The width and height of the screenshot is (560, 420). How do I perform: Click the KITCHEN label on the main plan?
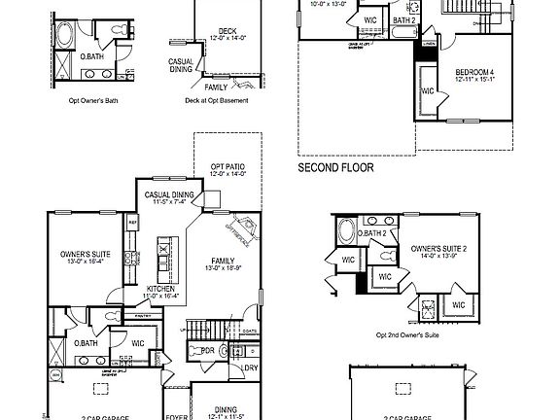click(x=160, y=289)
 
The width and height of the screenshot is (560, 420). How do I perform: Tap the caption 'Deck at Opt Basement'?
click(x=216, y=99)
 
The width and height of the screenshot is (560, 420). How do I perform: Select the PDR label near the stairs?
click(x=207, y=351)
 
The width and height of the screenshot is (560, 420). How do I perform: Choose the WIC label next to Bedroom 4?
click(x=428, y=91)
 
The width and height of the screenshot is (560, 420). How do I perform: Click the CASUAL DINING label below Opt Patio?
click(x=170, y=195)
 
